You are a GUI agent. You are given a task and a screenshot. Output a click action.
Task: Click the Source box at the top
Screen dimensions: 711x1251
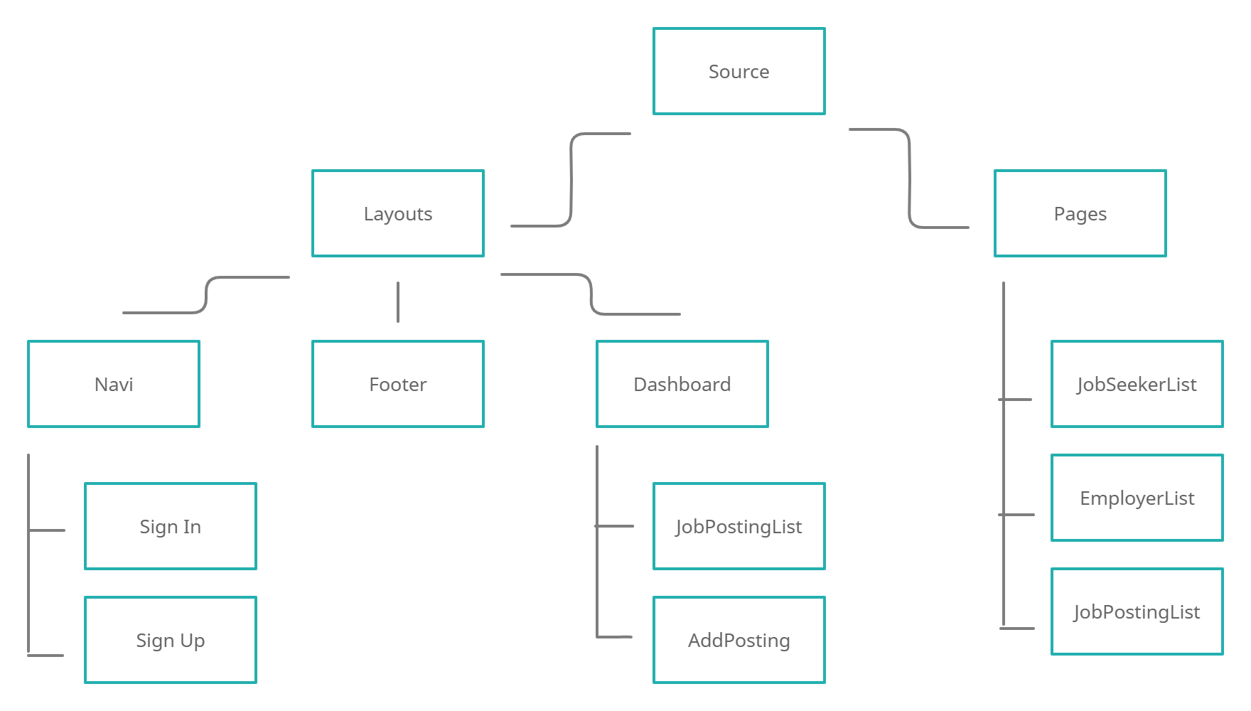[739, 71]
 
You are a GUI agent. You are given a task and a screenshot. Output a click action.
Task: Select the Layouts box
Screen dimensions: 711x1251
[397, 213]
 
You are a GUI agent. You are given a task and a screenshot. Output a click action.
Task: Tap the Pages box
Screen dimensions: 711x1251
[1080, 213]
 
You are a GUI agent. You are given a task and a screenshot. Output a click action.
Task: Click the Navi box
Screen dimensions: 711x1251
[114, 384]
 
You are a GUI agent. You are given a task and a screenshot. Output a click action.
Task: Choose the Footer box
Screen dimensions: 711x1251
[397, 384]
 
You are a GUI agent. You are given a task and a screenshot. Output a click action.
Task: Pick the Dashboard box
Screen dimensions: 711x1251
[682, 384]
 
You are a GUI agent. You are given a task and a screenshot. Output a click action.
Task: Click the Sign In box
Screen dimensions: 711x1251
[171, 526]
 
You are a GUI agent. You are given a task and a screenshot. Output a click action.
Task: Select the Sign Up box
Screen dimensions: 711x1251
[171, 640]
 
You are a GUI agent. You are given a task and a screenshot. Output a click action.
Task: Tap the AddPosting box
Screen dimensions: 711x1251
[739, 640]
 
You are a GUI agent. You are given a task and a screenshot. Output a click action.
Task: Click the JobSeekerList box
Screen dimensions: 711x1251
[1137, 384]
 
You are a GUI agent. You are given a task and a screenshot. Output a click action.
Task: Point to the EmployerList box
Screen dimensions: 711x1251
[1137, 498]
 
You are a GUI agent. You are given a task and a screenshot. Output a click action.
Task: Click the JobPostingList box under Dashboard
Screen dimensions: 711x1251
[739, 526]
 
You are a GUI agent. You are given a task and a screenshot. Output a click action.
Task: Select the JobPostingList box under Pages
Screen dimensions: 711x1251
[1137, 611]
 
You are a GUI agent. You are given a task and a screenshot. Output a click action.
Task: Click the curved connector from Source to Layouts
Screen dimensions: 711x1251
[571, 178]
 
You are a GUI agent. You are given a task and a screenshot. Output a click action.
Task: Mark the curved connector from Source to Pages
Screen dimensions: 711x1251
[909, 178]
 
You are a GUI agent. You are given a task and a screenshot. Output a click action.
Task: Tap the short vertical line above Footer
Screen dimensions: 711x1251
[398, 302]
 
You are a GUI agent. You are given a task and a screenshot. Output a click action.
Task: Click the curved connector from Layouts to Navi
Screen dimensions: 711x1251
[206, 295]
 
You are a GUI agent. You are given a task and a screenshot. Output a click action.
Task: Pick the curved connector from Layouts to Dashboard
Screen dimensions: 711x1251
[591, 294]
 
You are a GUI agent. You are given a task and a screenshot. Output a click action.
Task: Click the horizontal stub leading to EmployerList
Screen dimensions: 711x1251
[1018, 514]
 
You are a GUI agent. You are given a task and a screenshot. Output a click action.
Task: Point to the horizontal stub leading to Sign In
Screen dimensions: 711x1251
[47, 530]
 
